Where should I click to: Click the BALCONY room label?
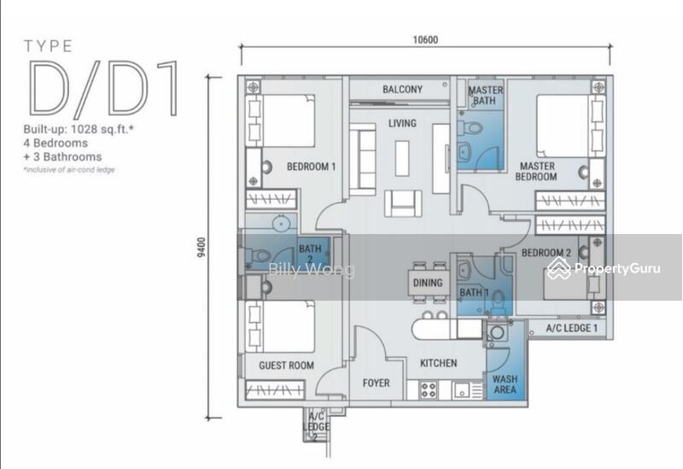click(402, 90)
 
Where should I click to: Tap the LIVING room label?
click(402, 123)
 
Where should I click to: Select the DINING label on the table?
click(428, 283)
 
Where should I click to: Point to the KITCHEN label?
click(438, 363)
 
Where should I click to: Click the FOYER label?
click(376, 383)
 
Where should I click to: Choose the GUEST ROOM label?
click(286, 366)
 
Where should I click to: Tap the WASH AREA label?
click(505, 384)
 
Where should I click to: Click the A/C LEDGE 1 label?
click(571, 328)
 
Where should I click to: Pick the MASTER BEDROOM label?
click(537, 172)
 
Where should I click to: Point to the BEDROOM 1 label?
click(311, 167)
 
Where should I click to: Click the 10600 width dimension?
click(425, 39)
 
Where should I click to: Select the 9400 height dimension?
click(201, 247)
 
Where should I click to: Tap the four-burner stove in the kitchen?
click(429, 390)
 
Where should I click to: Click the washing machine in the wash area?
click(497, 333)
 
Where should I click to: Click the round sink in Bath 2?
click(282, 224)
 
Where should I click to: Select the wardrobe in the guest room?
click(274, 390)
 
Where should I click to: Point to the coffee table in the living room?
click(402, 158)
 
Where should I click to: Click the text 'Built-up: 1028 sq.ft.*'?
click(79, 130)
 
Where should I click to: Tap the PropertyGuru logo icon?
click(559, 268)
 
